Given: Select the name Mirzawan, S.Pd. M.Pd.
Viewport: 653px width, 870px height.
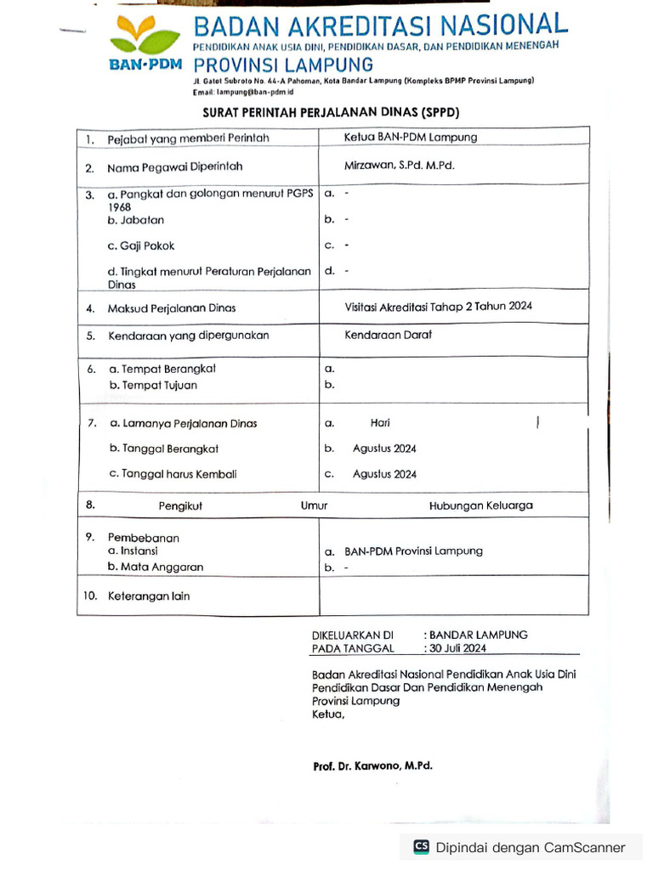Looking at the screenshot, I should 399,166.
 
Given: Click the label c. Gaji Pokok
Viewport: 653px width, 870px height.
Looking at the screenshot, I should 141,246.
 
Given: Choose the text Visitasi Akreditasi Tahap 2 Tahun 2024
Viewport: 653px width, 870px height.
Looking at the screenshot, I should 438,306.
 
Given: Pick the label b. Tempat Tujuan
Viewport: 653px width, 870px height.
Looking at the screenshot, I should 153,385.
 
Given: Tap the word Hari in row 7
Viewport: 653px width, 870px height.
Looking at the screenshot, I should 380,422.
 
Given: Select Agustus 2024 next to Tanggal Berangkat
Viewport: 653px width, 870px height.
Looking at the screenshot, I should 384,449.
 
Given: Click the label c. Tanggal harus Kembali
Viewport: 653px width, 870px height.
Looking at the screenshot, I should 173,474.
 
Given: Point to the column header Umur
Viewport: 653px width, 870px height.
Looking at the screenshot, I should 314,506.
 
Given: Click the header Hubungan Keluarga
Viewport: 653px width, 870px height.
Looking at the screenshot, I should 480,506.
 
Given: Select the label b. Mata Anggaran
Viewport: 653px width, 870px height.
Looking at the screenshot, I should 156,566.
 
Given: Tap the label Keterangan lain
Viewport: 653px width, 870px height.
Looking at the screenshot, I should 149,596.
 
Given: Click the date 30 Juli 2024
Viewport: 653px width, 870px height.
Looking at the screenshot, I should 457,648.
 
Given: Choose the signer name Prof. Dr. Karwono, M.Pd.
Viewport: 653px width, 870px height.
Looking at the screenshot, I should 372,765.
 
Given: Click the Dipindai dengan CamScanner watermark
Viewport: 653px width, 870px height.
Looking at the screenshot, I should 520,847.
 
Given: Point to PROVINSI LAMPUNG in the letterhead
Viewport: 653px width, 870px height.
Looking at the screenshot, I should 283,65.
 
